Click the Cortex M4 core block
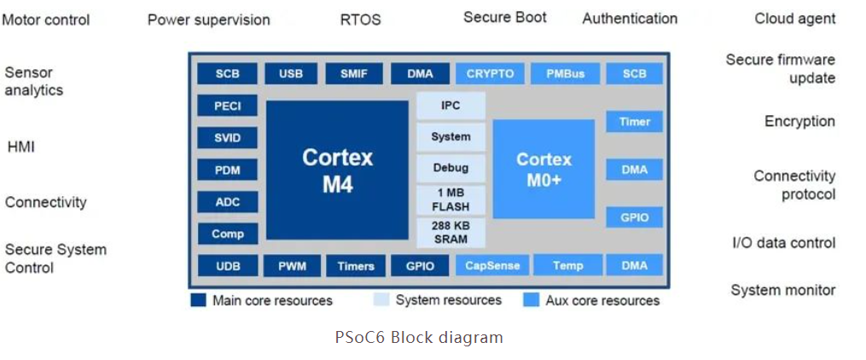coord(337,171)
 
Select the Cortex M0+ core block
coord(543,170)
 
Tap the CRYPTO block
coord(490,74)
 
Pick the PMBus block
coord(565,74)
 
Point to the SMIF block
coord(353,74)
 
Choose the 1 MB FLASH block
coord(450,200)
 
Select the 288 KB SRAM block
coord(450,232)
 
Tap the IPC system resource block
coord(450,106)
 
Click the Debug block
coord(450,168)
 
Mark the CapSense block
coord(492,265)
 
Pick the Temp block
coord(567,265)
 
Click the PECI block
coord(228,106)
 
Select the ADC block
coord(228,202)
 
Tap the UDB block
coord(228,266)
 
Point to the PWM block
coord(292,266)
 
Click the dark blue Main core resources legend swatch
coord(198,300)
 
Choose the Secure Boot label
coord(505,17)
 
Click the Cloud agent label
coord(795,19)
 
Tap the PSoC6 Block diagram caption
coord(419,337)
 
